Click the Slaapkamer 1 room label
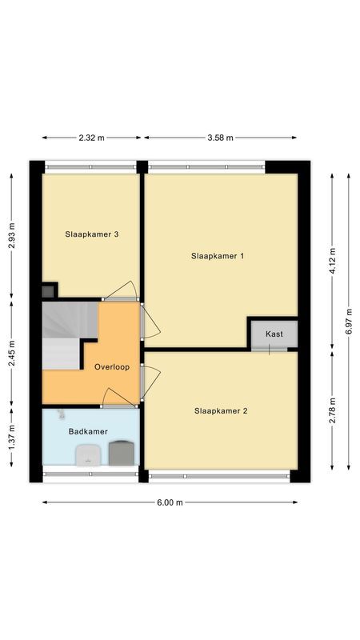click(218, 256)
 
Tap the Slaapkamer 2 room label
click(221, 411)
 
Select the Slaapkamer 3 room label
click(92, 234)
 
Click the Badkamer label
click(88, 432)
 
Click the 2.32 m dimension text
click(92, 138)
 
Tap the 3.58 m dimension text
click(220, 138)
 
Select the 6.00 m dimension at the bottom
click(170, 502)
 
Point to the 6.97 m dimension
click(349, 319)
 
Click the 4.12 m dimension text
click(333, 261)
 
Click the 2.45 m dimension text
click(12, 352)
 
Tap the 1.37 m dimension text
click(12, 445)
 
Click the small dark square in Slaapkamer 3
click(49, 290)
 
